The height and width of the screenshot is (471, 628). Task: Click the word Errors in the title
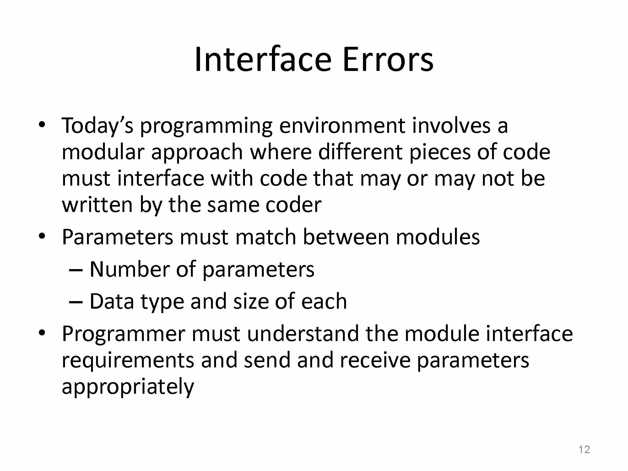coord(388,59)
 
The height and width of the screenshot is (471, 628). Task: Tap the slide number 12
coord(584,450)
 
